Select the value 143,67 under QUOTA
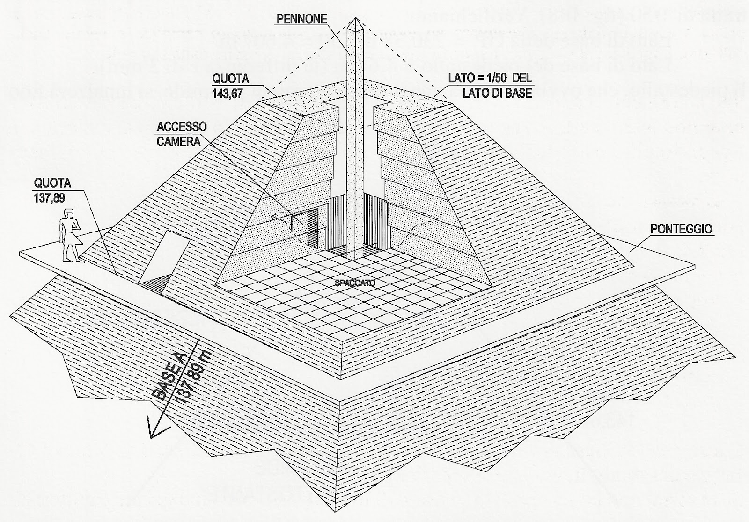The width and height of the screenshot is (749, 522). tap(228, 93)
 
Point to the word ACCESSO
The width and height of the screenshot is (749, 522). tap(182, 127)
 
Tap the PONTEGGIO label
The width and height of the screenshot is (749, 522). tap(681, 229)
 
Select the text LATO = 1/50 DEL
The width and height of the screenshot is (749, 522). tap(490, 78)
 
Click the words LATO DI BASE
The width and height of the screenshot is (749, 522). tap(497, 93)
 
